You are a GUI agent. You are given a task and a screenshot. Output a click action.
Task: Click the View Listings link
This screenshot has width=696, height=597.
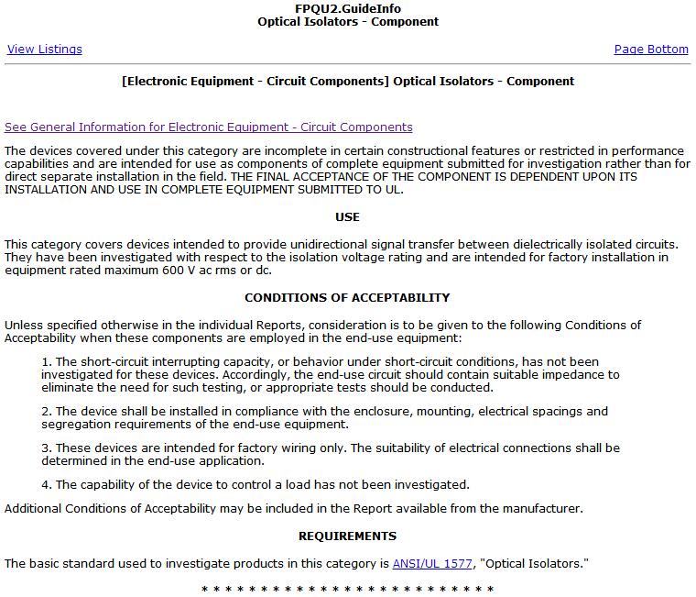pos(44,50)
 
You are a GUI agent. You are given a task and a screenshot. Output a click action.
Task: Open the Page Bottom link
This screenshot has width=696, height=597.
pos(651,50)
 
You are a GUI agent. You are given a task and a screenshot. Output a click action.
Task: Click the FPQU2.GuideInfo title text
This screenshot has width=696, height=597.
pos(348,8)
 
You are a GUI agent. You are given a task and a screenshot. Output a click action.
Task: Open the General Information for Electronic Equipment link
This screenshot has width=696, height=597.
pos(209,127)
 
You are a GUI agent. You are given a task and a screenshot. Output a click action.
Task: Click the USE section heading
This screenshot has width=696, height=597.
pos(348,217)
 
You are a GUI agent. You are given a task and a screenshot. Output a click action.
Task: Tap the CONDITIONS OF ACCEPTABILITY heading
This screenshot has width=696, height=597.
pos(348,297)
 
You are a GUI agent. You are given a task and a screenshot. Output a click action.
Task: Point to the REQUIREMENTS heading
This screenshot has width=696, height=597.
pos(348,536)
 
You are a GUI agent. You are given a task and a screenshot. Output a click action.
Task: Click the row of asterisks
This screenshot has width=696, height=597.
pos(348,589)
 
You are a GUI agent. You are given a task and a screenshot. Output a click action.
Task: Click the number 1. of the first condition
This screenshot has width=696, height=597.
pos(47,361)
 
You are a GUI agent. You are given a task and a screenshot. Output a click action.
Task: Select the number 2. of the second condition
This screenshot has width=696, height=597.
pos(47,412)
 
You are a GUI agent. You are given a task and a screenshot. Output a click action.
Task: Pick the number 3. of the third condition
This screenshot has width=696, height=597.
pos(47,448)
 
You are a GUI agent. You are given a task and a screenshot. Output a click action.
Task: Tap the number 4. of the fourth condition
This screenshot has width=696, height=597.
pos(47,484)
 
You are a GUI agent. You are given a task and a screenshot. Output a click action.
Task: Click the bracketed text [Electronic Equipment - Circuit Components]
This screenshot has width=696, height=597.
pos(255,82)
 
